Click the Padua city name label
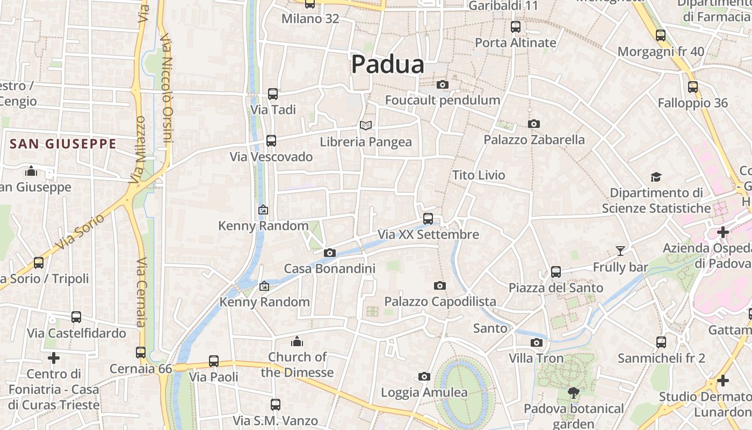click(387, 64)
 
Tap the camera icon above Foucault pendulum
click(443, 85)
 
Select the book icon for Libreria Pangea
click(366, 125)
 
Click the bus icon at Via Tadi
click(273, 94)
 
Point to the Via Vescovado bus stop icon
click(271, 141)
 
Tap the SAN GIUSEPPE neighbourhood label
click(63, 144)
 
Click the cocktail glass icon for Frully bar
click(620, 250)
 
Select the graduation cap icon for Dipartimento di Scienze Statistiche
click(656, 177)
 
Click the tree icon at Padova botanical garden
click(574, 393)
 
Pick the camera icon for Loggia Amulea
click(424, 376)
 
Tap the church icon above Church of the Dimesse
click(297, 341)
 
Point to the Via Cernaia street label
click(141, 292)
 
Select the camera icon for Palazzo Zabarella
click(533, 124)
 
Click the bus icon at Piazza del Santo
click(556, 272)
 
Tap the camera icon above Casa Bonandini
click(330, 253)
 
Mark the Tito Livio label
click(479, 175)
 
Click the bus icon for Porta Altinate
click(516, 26)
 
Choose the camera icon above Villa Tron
click(536, 342)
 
